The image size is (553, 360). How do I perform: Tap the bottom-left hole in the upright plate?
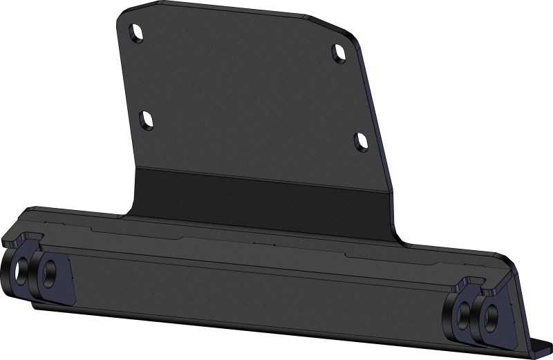(x=147, y=119)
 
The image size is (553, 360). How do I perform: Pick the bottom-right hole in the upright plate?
(x=360, y=140)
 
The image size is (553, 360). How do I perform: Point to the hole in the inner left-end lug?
(x=49, y=272)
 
